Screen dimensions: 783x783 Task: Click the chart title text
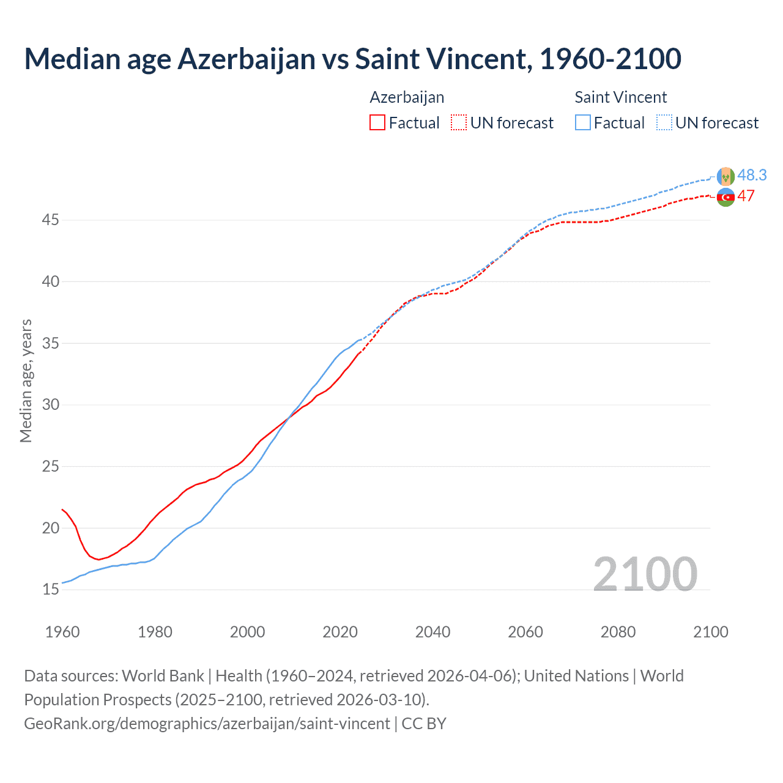click(x=352, y=59)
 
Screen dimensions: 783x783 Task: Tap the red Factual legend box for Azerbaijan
click(x=377, y=123)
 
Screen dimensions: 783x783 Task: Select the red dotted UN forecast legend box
click(x=459, y=123)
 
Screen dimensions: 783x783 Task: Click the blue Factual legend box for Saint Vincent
click(x=583, y=123)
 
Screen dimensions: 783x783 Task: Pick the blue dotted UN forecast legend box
click(x=664, y=123)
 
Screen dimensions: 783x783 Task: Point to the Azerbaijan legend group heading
click(x=407, y=97)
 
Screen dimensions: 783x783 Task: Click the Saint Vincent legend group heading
click(x=620, y=97)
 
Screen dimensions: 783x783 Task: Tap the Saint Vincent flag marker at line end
click(x=725, y=176)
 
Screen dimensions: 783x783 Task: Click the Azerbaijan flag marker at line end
click(x=725, y=197)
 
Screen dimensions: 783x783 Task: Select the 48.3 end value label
click(x=752, y=176)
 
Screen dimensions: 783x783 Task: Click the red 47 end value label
click(x=746, y=196)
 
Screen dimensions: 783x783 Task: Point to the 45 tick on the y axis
click(x=51, y=220)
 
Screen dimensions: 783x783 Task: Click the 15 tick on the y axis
click(x=51, y=590)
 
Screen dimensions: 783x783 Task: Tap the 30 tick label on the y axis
click(x=51, y=405)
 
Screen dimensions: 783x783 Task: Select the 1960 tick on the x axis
click(x=62, y=632)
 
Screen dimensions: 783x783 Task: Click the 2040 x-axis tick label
click(x=432, y=632)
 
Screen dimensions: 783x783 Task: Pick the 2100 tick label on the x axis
click(x=710, y=632)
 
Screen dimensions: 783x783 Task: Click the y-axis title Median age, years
click(x=26, y=380)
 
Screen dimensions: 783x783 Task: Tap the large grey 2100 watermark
click(x=645, y=574)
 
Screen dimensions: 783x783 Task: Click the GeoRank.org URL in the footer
click(x=207, y=724)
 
